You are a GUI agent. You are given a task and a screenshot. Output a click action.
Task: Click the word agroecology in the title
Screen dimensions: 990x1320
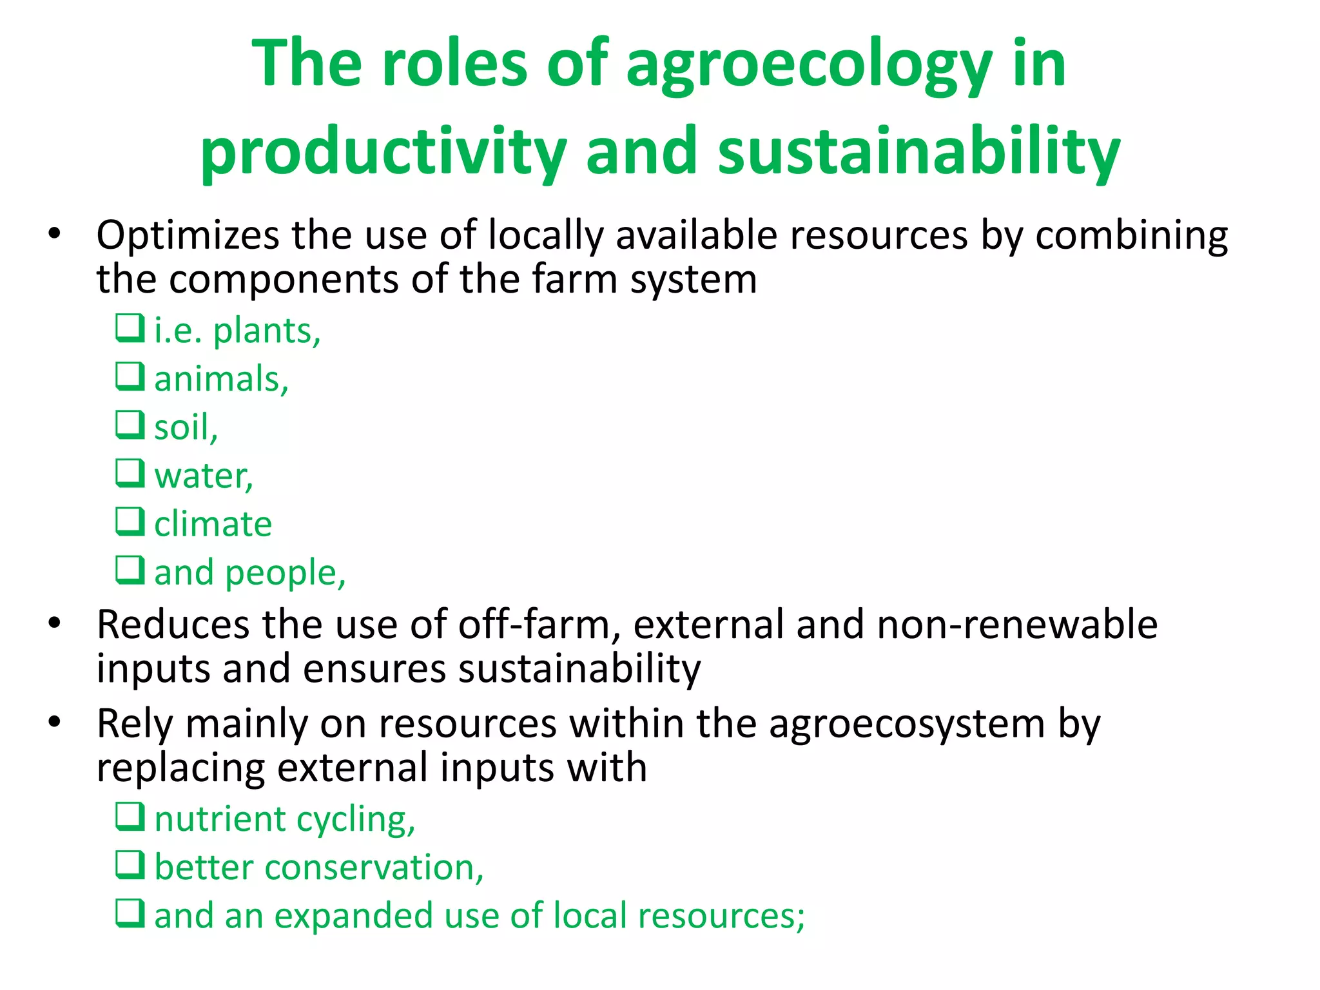(x=809, y=64)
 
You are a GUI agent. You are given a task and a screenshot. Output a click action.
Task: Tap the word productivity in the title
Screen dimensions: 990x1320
(x=383, y=152)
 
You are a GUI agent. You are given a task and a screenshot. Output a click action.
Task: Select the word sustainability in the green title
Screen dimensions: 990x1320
(x=919, y=151)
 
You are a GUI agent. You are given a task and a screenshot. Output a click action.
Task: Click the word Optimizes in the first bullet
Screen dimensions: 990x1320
(x=188, y=235)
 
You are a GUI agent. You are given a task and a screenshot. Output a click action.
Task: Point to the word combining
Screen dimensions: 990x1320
(x=1131, y=235)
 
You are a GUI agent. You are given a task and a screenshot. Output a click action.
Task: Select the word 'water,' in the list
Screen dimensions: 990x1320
(x=204, y=476)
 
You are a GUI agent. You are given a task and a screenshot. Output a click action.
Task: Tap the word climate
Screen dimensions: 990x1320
(x=213, y=524)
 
